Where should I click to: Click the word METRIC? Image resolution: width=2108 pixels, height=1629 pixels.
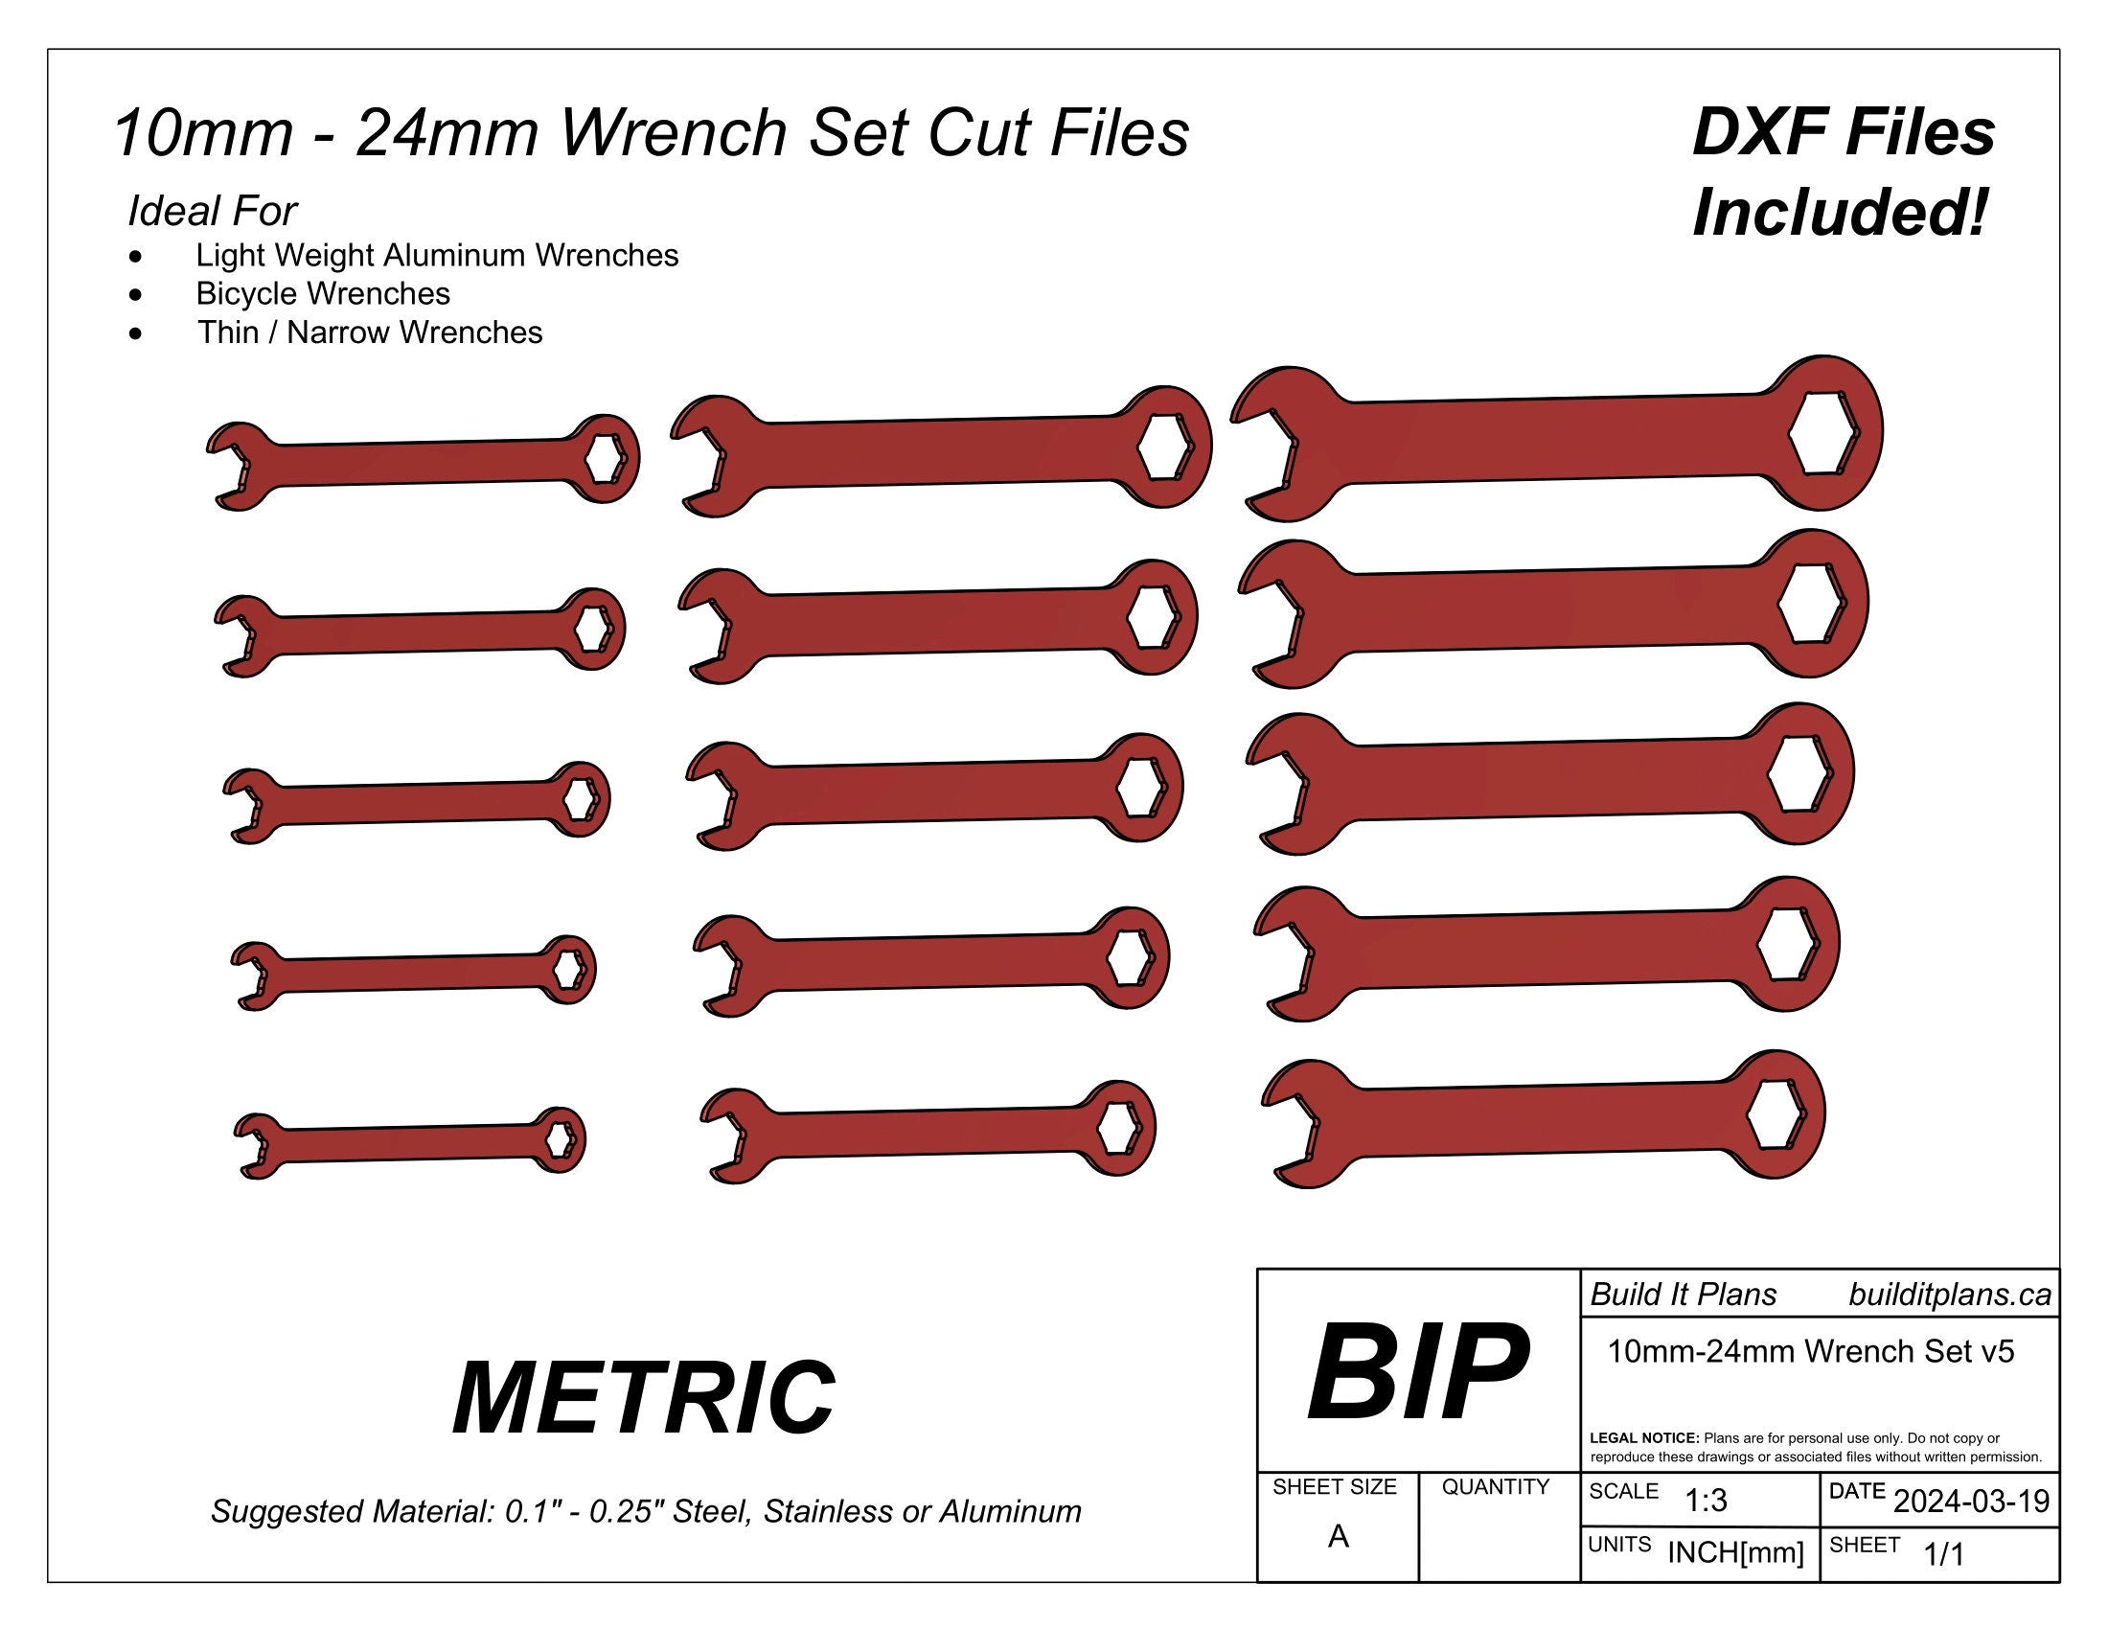(x=644, y=1397)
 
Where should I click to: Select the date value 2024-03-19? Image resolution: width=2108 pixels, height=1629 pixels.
(x=1971, y=1502)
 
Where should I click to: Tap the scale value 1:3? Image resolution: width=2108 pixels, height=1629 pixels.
(x=1706, y=1501)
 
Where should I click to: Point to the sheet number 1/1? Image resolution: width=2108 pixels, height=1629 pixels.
(x=1944, y=1553)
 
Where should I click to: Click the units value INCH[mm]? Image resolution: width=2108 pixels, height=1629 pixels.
(x=1735, y=1552)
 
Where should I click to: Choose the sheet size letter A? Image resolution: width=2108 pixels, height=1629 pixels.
(x=1338, y=1536)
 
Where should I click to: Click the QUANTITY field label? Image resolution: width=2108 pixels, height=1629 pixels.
(x=1495, y=1487)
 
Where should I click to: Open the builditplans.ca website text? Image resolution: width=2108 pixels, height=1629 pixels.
(x=1950, y=1296)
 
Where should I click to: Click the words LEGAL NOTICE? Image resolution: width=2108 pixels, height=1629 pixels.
(x=1643, y=1438)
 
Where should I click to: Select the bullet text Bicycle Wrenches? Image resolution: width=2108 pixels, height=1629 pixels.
(x=322, y=293)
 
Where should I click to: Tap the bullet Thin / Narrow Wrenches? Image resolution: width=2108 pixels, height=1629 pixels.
(x=370, y=332)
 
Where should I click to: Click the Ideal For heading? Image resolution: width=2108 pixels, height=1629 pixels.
(x=213, y=211)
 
